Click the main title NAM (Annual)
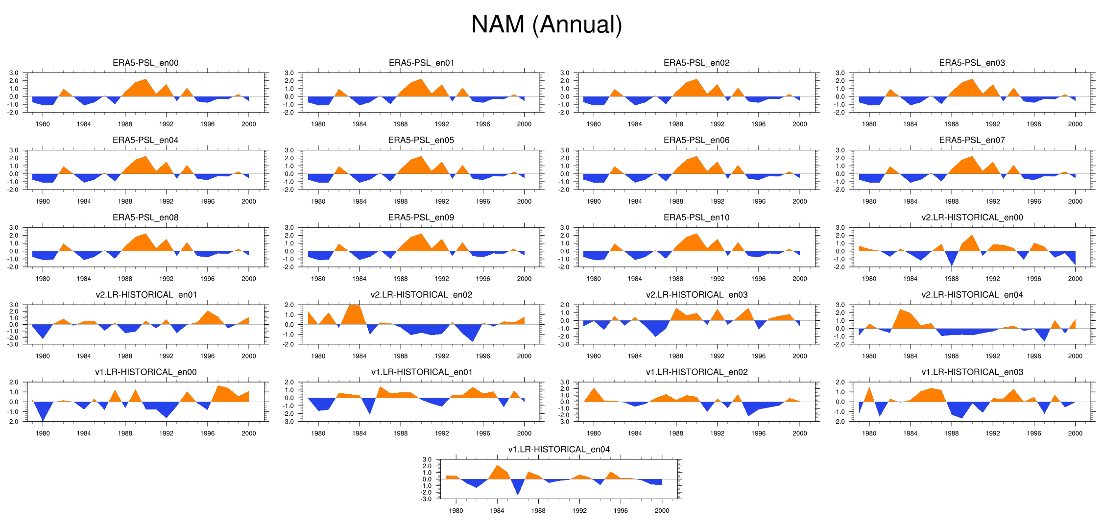pyautogui.click(x=546, y=24)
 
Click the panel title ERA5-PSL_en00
pyautogui.click(x=145, y=63)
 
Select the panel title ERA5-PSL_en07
pyautogui.click(x=972, y=140)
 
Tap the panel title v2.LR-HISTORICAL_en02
pyautogui.click(x=421, y=295)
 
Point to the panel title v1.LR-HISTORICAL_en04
pyautogui.click(x=559, y=450)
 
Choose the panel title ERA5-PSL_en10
pyautogui.click(x=696, y=217)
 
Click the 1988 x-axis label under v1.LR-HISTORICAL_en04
pyautogui.click(x=538, y=510)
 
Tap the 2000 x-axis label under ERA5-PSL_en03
pyautogui.click(x=1075, y=124)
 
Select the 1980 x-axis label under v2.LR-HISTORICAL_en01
pyautogui.click(x=43, y=356)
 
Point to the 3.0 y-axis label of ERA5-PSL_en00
pyautogui.click(x=14, y=73)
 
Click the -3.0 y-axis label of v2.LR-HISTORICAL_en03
pyautogui.click(x=565, y=344)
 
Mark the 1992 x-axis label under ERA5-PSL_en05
pyautogui.click(x=442, y=201)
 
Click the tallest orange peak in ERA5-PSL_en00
pyautogui.click(x=145, y=80)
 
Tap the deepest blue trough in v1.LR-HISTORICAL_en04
pyautogui.click(x=518, y=494)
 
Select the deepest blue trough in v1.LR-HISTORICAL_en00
pyautogui.click(x=43, y=420)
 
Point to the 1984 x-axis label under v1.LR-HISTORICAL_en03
pyautogui.click(x=910, y=433)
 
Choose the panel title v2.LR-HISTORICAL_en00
pyautogui.click(x=972, y=217)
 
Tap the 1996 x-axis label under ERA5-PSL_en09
pyautogui.click(x=483, y=279)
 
